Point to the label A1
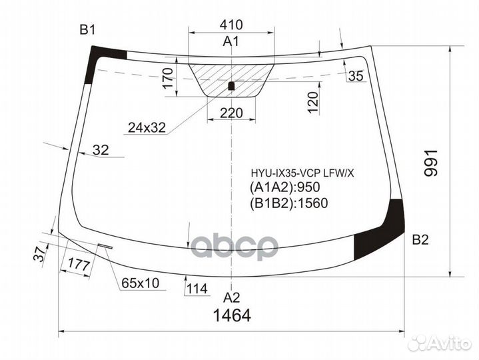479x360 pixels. click(231, 43)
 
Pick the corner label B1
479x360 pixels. click(88, 30)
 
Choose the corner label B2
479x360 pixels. click(420, 240)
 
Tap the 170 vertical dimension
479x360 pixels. click(169, 79)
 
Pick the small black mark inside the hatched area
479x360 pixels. click(231, 85)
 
